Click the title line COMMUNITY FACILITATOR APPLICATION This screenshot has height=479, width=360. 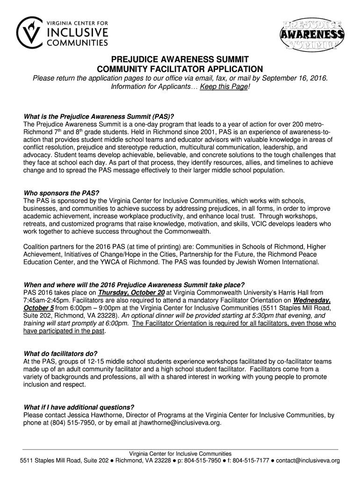pos(180,68)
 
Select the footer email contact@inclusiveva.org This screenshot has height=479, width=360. pos(308,460)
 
